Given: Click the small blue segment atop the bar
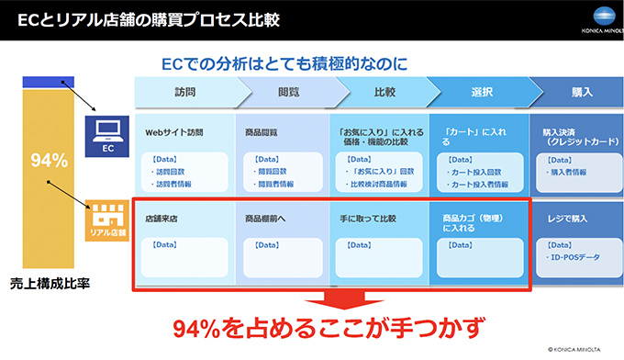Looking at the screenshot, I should tap(49, 83).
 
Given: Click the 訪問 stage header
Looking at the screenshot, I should tap(184, 93).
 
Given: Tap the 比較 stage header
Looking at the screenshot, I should tap(385, 93).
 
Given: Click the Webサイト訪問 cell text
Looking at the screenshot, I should tap(174, 132).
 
